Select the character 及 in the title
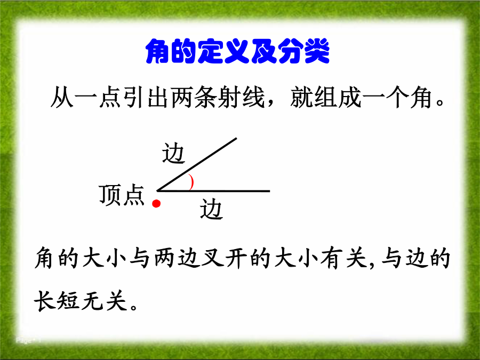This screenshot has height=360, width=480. click(262, 51)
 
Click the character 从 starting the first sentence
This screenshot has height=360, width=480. click(62, 98)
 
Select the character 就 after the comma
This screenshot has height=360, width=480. click(302, 98)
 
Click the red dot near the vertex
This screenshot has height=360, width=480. click(156, 204)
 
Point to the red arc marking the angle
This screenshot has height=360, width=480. click(192, 182)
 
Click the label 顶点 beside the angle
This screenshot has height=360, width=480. click(122, 195)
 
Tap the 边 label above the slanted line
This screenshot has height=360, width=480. click(173, 153)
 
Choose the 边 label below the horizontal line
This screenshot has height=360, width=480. click(212, 209)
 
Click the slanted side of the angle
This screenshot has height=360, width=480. click(197, 164)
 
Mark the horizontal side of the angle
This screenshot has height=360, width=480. click(213, 191)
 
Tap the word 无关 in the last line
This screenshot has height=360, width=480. click(104, 301)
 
